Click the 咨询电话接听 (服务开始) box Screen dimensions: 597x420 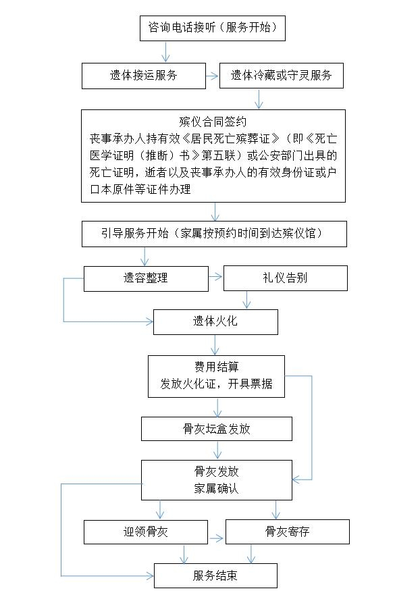[x=213, y=28]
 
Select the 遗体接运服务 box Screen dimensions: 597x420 [x=143, y=76]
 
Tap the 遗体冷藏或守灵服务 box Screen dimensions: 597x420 [x=281, y=76]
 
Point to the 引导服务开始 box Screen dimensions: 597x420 [x=214, y=234]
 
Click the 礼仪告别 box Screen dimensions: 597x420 [x=285, y=278]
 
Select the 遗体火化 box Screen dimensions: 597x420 [x=215, y=322]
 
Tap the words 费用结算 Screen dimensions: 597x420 [x=216, y=367]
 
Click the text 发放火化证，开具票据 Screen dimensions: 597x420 [x=216, y=384]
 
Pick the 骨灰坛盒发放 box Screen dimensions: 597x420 [x=216, y=429]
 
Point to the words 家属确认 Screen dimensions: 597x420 [x=216, y=488]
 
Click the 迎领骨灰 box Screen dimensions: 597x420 [x=145, y=532]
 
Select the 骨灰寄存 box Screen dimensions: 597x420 [x=287, y=532]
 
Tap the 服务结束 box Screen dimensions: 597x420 [x=215, y=576]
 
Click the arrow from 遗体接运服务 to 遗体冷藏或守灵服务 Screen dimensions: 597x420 [x=213, y=76]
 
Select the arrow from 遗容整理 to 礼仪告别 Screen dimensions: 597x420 [x=216, y=276]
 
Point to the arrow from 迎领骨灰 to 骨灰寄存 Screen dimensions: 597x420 [x=217, y=538]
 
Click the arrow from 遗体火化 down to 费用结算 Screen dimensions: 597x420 [x=215, y=345]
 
